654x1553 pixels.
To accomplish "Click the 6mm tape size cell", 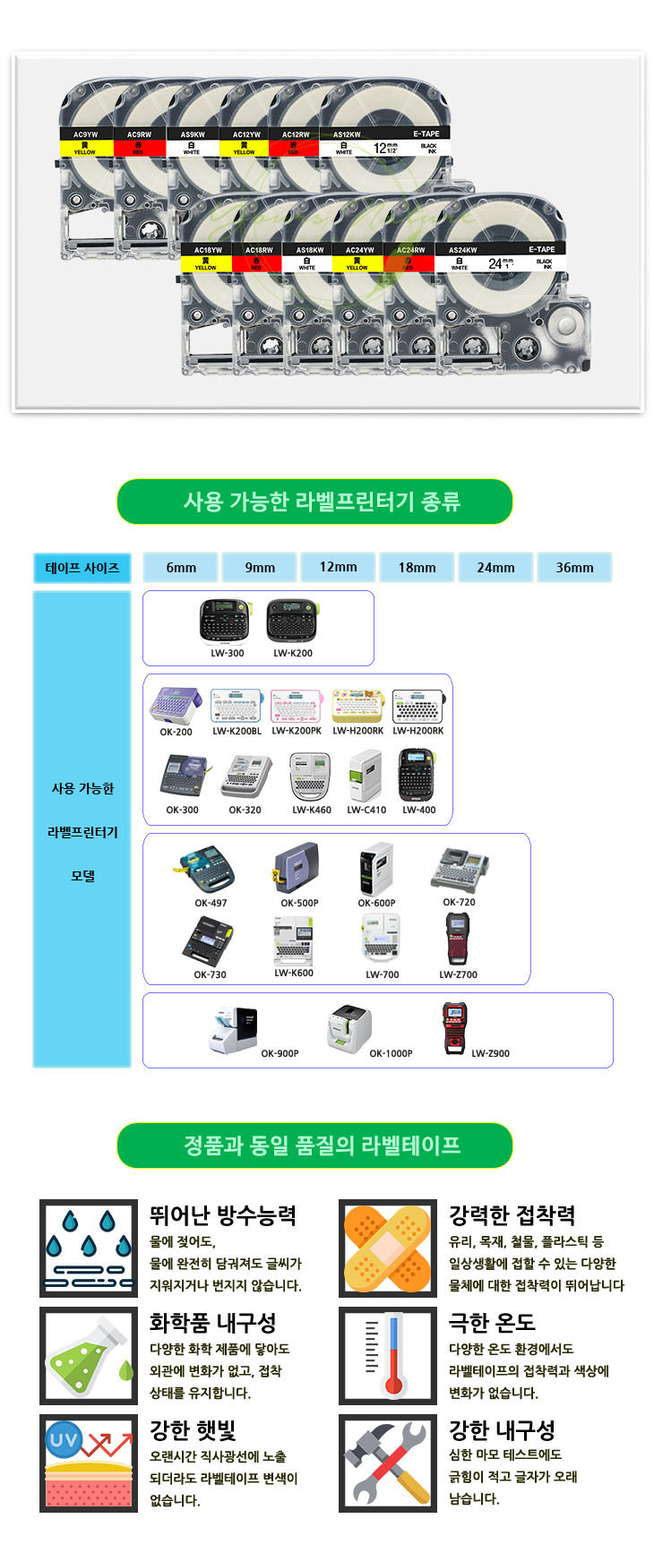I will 180,567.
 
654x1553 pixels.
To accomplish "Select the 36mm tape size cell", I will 574,567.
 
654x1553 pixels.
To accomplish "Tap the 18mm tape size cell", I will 417,567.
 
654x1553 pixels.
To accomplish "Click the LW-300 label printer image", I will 227,621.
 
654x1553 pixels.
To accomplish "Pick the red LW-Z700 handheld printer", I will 458,940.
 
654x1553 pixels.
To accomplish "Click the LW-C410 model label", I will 367,810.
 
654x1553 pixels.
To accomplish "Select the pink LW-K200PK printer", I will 297,706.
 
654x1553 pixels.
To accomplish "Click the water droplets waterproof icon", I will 89,1248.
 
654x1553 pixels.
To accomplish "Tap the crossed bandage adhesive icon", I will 387,1248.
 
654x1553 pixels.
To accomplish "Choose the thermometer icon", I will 387,1355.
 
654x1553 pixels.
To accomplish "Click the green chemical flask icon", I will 89,1355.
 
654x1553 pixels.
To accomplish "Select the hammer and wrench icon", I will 387,1463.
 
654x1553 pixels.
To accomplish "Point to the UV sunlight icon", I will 89,1463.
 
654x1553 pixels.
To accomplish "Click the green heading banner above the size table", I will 314,502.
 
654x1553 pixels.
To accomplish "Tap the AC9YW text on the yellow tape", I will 84,134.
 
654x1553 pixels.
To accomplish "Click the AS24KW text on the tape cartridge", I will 462,250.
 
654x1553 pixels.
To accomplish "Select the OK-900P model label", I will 280,1053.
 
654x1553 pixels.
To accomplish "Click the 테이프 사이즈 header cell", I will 82,568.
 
